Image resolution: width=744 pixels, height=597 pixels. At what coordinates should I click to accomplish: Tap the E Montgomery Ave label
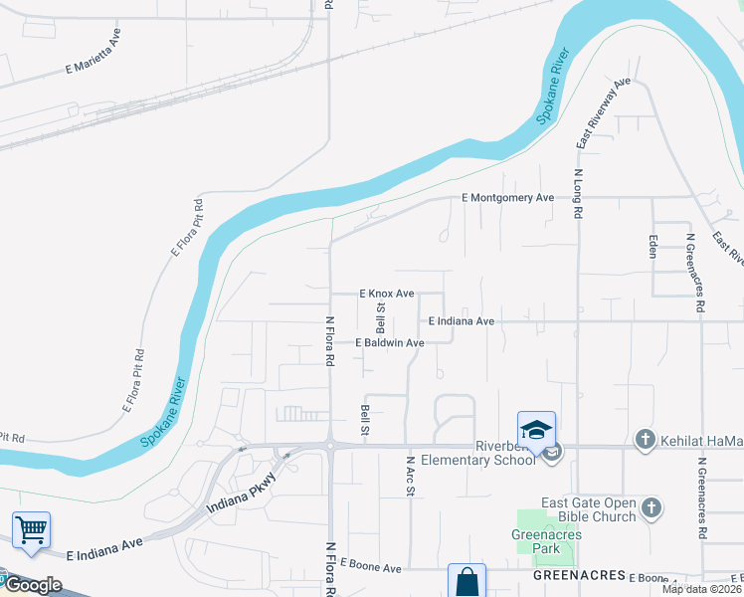[x=508, y=198]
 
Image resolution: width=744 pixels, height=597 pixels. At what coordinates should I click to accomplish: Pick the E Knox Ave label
[x=386, y=294]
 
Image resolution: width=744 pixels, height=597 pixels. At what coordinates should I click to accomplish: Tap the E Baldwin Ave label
[x=391, y=342]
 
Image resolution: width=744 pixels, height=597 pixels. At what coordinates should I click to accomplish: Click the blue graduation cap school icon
[x=536, y=430]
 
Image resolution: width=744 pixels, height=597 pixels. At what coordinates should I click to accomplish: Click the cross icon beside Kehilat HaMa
[x=645, y=439]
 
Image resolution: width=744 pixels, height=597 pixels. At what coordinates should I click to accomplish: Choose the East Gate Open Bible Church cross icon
[x=651, y=509]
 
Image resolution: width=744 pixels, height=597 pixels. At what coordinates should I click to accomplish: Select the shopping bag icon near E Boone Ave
[x=466, y=582]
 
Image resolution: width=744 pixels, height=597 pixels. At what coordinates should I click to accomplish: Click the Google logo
[x=33, y=585]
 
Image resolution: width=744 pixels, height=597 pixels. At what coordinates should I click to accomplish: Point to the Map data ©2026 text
[x=702, y=589]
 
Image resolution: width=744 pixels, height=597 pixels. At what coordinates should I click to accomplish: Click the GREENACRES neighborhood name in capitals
[x=578, y=576]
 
